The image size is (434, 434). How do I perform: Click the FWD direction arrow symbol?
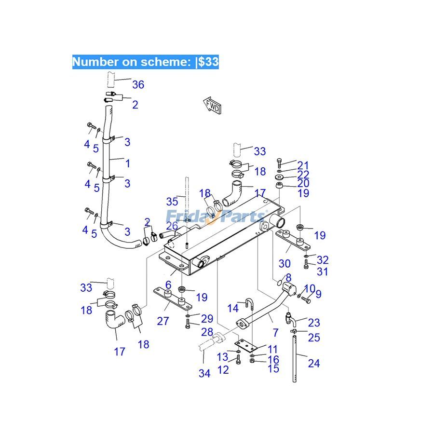point(212,106)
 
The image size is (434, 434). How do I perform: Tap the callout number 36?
point(138,85)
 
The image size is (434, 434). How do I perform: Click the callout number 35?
point(172,201)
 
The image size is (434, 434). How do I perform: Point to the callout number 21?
point(303,165)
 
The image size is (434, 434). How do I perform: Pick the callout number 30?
point(285,263)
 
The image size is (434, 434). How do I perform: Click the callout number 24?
point(313,363)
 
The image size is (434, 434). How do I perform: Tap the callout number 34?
point(204,373)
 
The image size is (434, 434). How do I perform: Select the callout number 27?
point(163,321)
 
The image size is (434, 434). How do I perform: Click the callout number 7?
point(275,332)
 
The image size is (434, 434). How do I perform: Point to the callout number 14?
point(233,308)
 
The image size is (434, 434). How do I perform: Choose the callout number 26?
point(172,226)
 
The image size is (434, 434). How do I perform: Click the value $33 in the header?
point(208,62)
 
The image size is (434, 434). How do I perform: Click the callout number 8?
point(288,278)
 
